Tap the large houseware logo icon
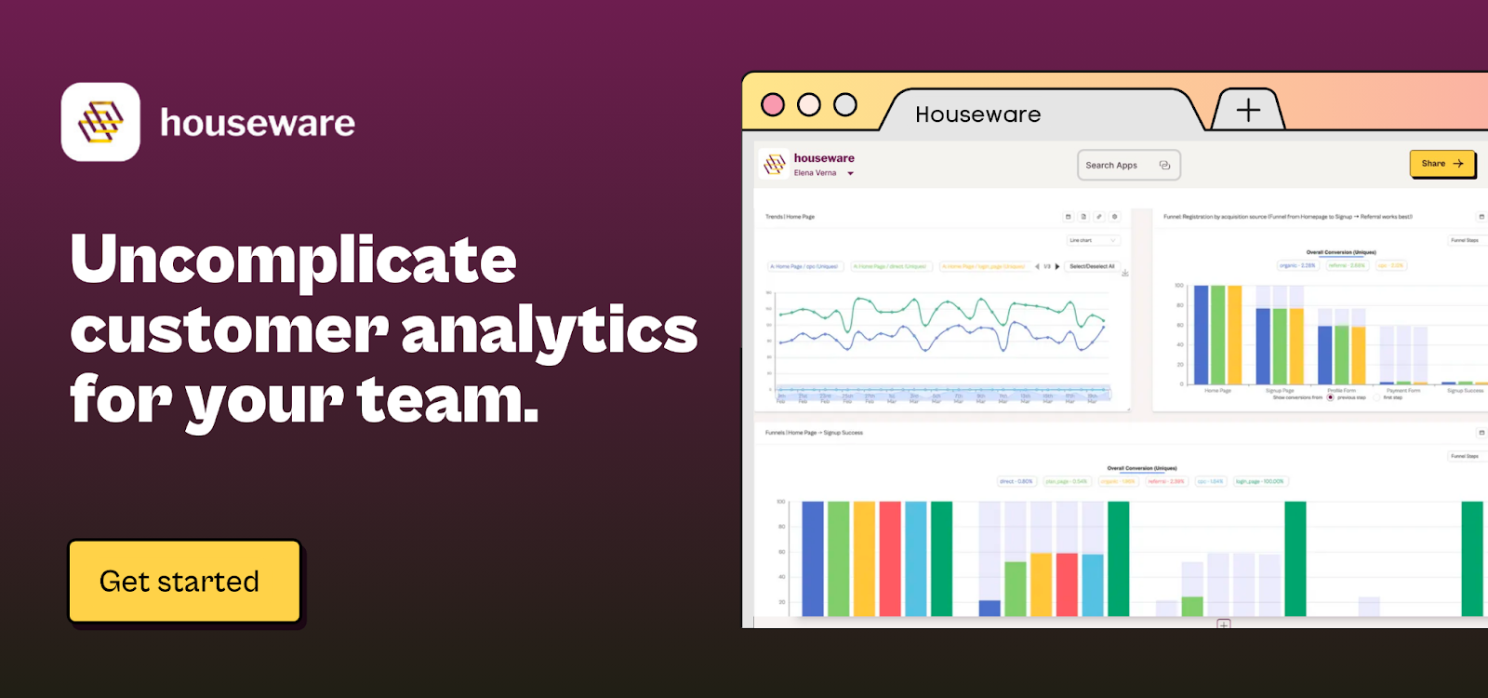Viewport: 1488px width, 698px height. point(100,122)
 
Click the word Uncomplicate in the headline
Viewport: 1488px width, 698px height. point(293,260)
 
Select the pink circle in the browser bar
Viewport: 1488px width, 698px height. point(773,104)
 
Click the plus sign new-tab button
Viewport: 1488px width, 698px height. point(1248,110)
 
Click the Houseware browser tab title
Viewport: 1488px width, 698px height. point(977,114)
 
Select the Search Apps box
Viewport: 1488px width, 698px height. point(1128,165)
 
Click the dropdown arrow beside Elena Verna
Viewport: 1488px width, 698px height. point(850,173)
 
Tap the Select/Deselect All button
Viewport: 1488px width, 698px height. point(1092,266)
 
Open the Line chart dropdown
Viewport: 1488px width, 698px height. point(1093,240)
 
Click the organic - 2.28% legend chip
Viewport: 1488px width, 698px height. point(1297,265)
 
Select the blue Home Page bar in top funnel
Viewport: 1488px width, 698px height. point(1201,335)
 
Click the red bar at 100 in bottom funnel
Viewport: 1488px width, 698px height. point(890,558)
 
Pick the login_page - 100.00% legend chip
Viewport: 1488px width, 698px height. point(1259,481)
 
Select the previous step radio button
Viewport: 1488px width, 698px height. point(1331,397)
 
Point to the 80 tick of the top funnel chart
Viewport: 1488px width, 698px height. point(1179,305)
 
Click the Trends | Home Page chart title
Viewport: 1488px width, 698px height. point(790,217)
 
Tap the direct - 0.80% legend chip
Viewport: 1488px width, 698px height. point(1016,481)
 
